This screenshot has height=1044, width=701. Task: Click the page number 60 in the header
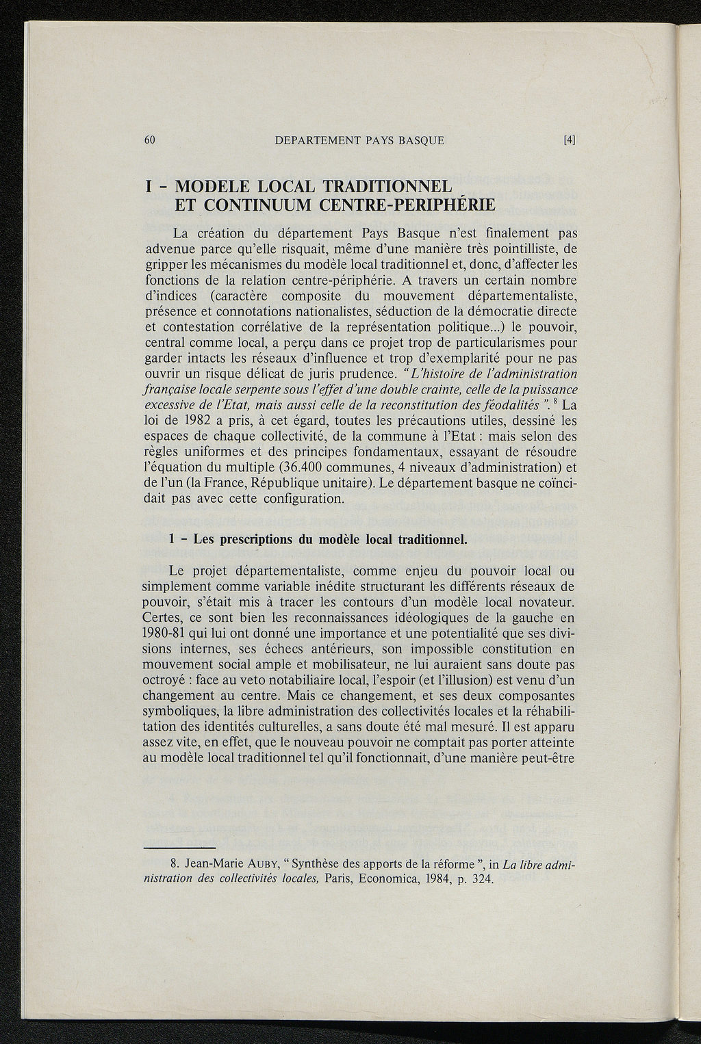[151, 140]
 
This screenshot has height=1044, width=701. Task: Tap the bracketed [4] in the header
[569, 140]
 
